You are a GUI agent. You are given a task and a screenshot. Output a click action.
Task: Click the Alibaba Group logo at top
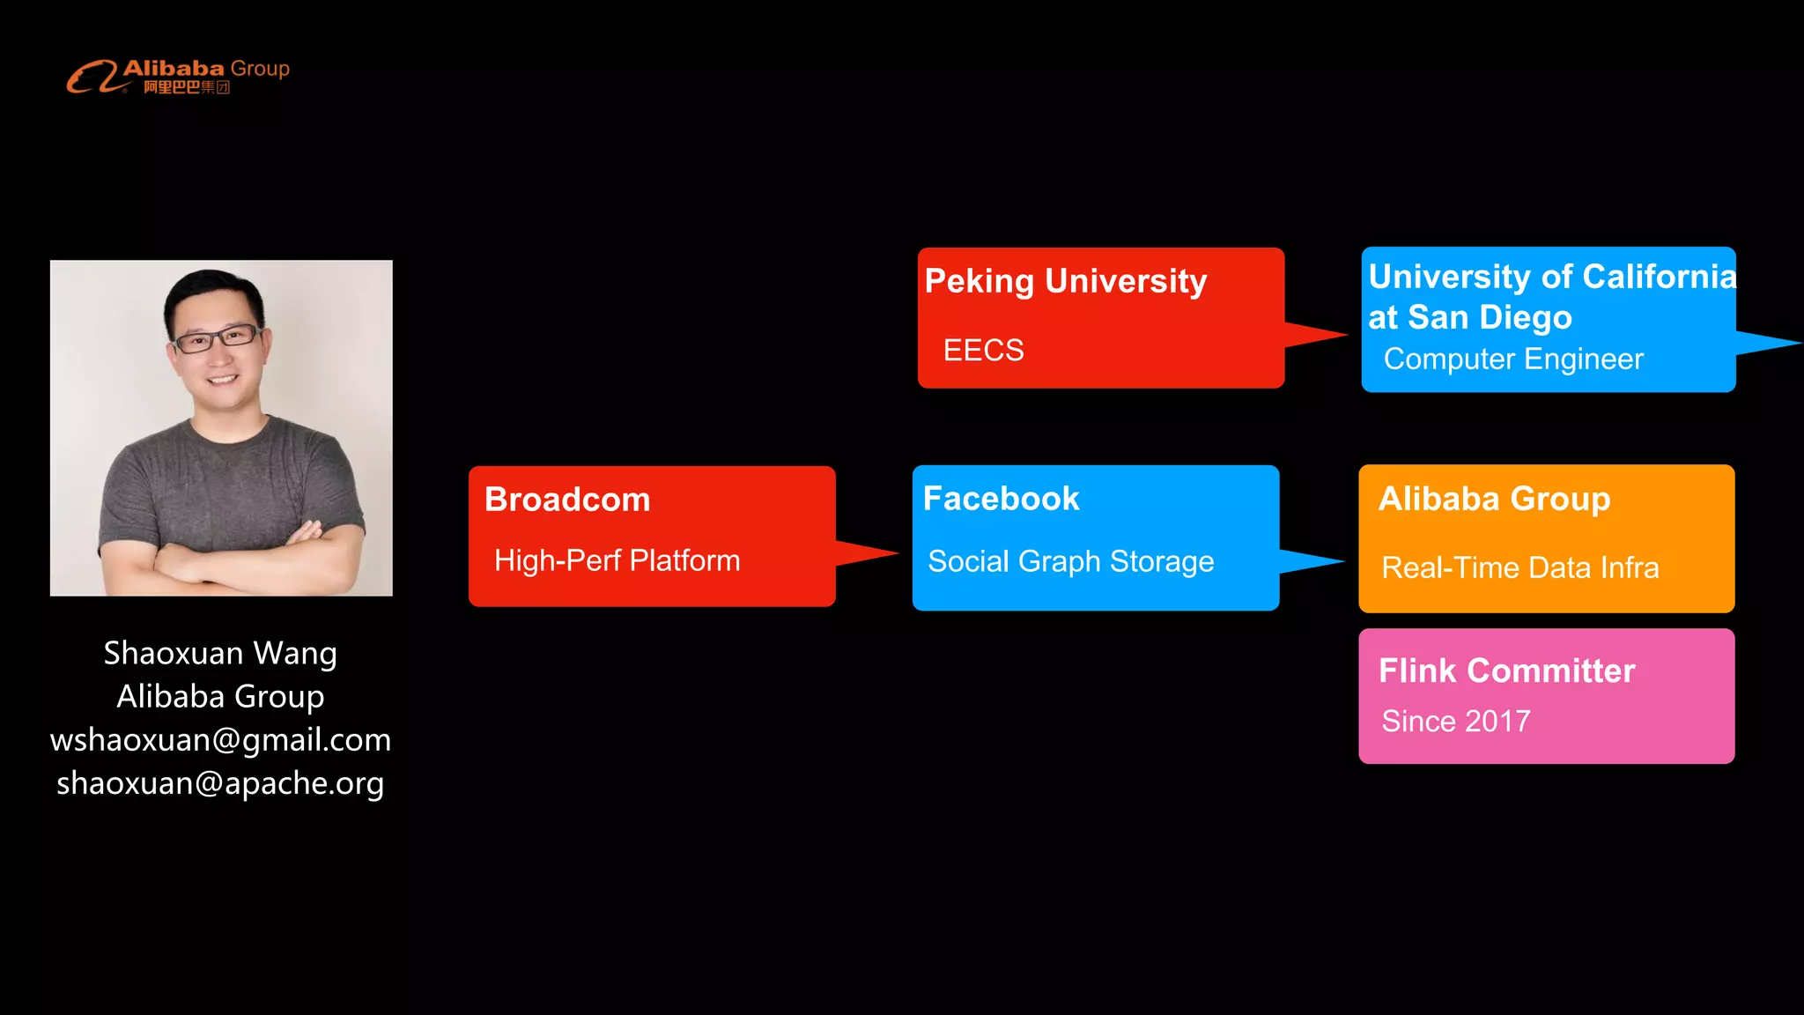point(178,76)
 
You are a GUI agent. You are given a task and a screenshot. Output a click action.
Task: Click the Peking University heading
point(1065,281)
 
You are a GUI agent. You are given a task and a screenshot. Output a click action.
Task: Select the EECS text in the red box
point(983,350)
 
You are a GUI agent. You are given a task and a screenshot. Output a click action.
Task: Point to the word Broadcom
point(567,500)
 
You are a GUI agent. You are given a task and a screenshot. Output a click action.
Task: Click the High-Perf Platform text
point(617,560)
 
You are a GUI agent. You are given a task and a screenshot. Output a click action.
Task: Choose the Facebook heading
point(1001,499)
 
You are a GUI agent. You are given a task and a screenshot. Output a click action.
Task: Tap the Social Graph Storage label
point(1070,561)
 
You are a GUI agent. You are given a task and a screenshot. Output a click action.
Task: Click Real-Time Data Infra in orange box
point(1519,567)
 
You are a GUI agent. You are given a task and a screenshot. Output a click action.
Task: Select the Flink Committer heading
point(1506,670)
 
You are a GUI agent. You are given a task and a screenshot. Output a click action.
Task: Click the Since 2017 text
point(1455,721)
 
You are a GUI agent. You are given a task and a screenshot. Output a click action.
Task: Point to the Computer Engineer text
point(1512,359)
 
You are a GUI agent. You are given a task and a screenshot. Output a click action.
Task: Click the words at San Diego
point(1469,317)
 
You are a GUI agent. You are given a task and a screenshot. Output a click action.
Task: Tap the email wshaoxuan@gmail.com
point(220,739)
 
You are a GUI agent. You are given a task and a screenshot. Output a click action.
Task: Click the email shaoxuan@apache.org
point(220,782)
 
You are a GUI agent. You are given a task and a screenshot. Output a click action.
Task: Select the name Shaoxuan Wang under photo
point(220,653)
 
